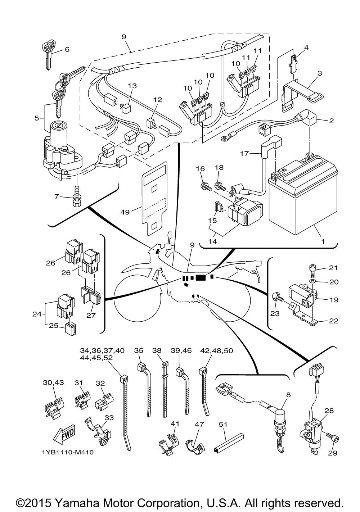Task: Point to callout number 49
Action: point(125,212)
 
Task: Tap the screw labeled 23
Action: point(278,298)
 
